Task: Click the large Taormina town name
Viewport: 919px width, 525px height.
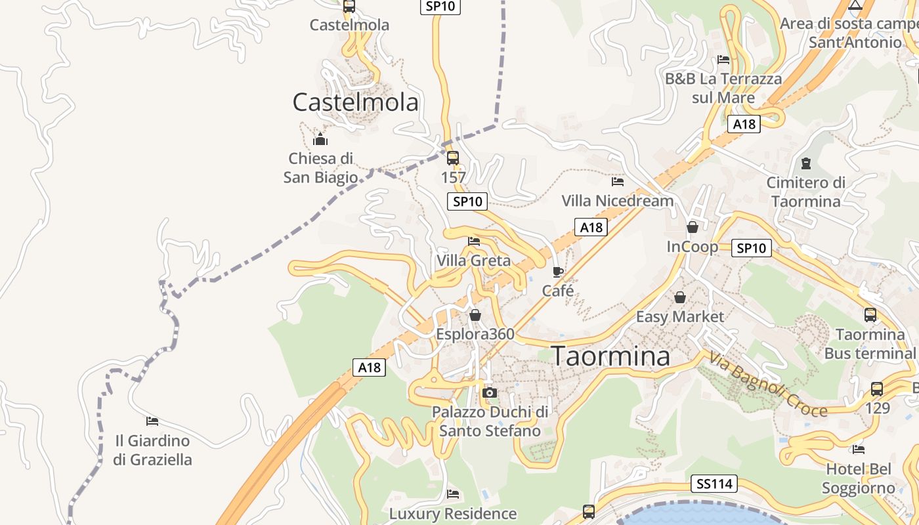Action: [610, 356]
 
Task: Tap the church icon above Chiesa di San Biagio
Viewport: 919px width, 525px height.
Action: [320, 139]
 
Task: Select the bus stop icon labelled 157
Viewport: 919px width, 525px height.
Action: [453, 158]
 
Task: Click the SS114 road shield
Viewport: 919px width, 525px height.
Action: [714, 484]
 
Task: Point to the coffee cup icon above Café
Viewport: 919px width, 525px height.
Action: [558, 271]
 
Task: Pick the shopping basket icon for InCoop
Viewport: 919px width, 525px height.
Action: [693, 227]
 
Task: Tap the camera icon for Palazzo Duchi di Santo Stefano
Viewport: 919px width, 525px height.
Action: [489, 392]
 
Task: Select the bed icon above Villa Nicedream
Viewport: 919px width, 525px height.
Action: [617, 181]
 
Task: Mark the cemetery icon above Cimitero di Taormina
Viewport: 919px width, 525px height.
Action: [806, 163]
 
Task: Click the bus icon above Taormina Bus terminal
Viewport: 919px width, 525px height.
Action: [870, 315]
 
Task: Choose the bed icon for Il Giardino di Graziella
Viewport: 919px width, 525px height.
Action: [152, 421]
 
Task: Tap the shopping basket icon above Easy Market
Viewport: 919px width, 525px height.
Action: [680, 297]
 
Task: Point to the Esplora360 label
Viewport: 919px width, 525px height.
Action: [475, 334]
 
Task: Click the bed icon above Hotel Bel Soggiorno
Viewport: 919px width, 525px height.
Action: [859, 450]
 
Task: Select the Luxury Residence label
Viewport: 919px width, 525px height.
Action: [453, 513]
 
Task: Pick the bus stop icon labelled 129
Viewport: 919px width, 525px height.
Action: [877, 388]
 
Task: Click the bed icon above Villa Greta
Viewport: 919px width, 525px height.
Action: [474, 241]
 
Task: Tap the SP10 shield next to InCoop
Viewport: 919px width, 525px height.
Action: [751, 248]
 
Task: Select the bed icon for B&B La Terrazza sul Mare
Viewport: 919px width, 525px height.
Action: [723, 60]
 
